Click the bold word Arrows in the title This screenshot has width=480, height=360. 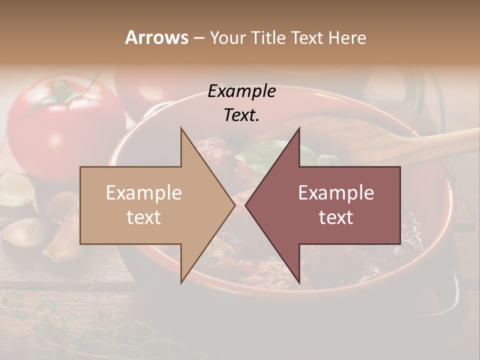point(156,37)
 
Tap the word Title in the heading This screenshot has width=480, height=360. point(268,38)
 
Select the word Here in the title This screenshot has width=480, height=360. point(347,38)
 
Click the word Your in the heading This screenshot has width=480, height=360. point(228,38)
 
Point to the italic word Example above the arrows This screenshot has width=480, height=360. point(241,91)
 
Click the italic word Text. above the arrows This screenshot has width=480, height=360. point(241,115)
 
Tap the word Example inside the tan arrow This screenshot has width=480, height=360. point(143,193)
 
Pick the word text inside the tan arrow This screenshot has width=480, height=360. point(143,217)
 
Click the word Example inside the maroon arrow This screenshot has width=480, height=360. point(336,193)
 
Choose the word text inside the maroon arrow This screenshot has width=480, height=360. point(336,217)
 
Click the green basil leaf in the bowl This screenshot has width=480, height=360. point(262,152)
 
